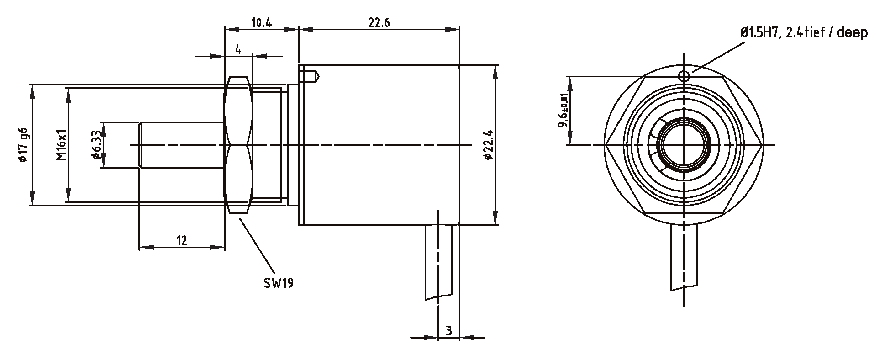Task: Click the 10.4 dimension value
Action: tap(261, 22)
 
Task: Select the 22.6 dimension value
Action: tap(379, 22)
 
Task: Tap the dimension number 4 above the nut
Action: tap(238, 49)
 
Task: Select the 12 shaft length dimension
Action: tap(181, 240)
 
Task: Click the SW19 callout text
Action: tap(278, 283)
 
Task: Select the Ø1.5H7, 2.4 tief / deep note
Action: tap(804, 33)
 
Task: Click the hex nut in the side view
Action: tap(238, 145)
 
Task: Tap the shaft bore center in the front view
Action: tap(684, 145)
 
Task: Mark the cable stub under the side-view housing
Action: tap(438, 260)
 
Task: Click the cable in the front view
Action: tap(684, 256)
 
